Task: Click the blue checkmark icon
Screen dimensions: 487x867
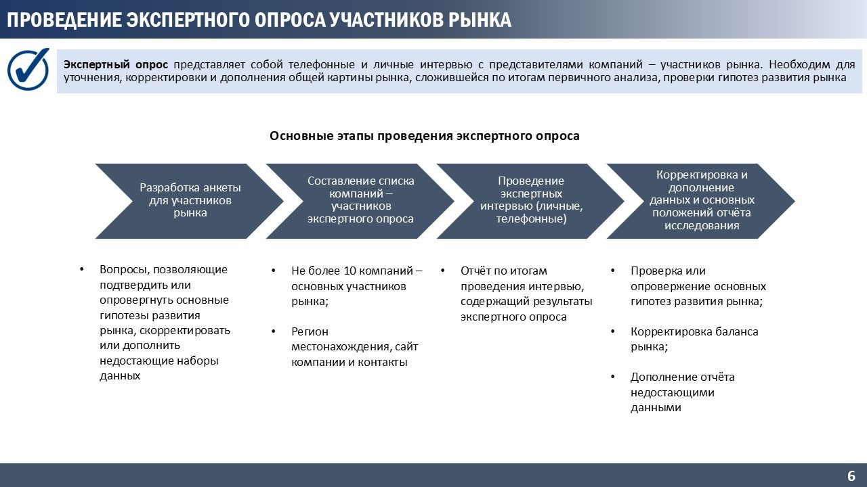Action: click(28, 68)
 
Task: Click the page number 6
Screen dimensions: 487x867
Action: click(851, 475)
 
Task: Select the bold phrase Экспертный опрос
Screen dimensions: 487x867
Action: click(116, 65)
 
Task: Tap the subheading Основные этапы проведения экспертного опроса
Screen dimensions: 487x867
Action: click(425, 136)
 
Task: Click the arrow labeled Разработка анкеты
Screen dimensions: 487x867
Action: click(190, 200)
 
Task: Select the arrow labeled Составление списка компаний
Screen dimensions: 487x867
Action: click(360, 200)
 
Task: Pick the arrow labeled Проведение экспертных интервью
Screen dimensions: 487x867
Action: click(531, 200)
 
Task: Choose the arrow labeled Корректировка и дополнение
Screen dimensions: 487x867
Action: click(701, 200)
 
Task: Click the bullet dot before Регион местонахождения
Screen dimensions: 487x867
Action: click(274, 331)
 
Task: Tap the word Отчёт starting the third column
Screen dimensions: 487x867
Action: click(476, 271)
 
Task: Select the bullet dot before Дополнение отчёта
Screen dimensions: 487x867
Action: click(613, 377)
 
